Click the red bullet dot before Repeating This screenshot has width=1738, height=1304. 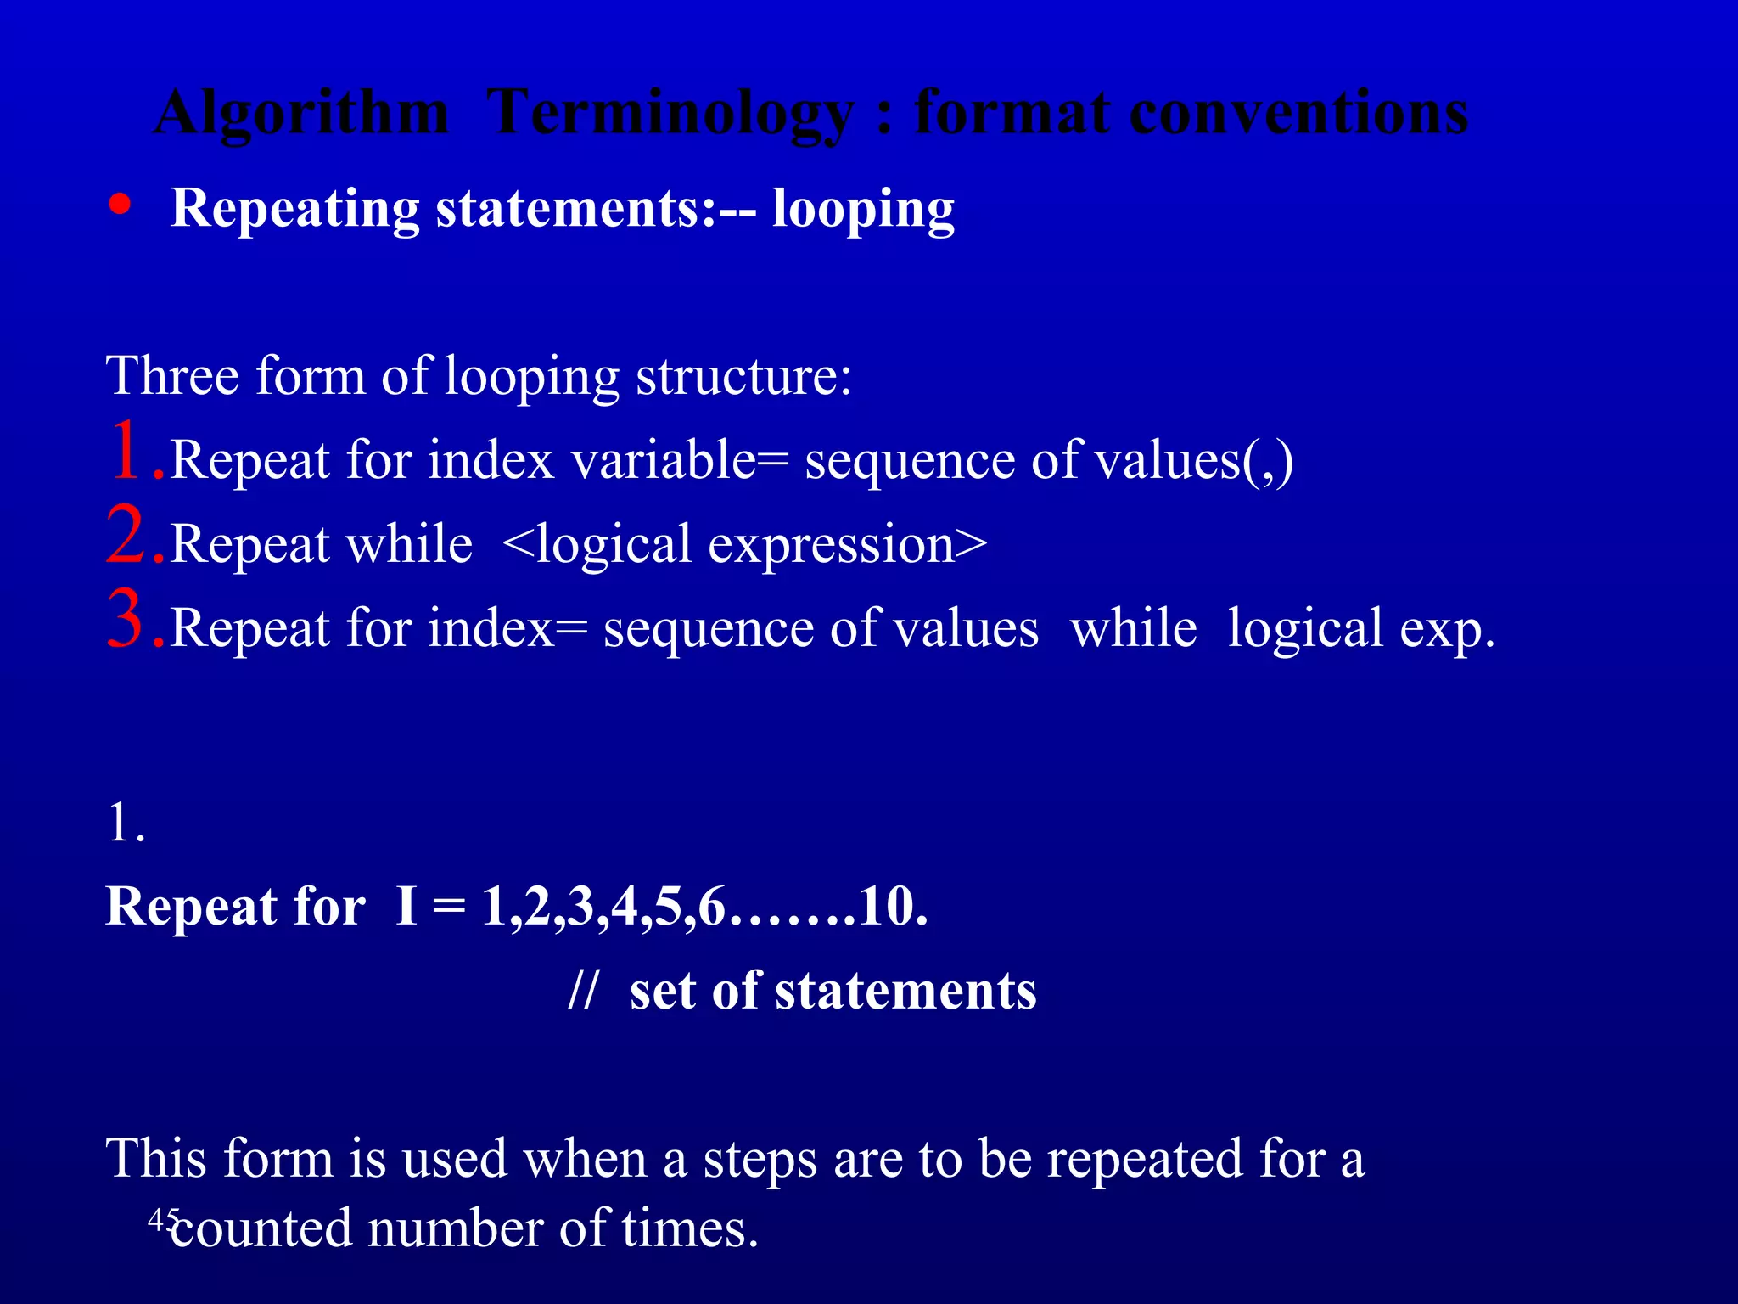[121, 205]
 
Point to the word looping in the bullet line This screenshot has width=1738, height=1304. [863, 210]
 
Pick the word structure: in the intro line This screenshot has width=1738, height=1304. [743, 377]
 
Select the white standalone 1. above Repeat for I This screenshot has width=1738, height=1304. [126, 823]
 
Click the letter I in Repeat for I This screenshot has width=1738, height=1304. [406, 906]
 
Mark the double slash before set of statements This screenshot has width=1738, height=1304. [584, 990]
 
